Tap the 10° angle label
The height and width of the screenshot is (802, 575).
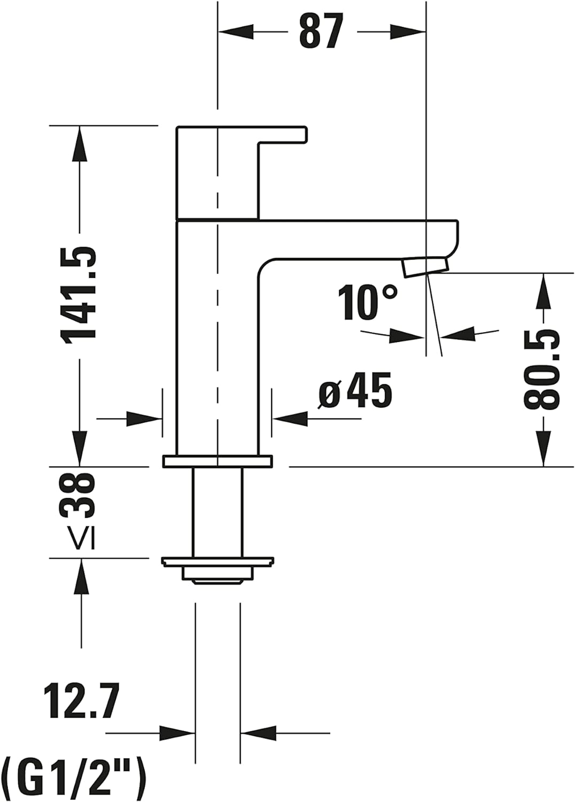point(368,303)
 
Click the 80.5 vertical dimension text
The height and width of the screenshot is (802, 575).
point(542,369)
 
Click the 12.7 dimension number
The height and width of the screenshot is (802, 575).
point(81,700)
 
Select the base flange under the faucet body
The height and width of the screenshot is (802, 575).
point(217,461)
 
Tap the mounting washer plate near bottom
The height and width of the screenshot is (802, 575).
point(217,561)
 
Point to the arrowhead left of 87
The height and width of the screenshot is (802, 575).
point(235,32)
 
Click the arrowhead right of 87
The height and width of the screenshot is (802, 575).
point(408,32)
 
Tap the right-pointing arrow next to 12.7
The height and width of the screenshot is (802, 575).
point(177,732)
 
